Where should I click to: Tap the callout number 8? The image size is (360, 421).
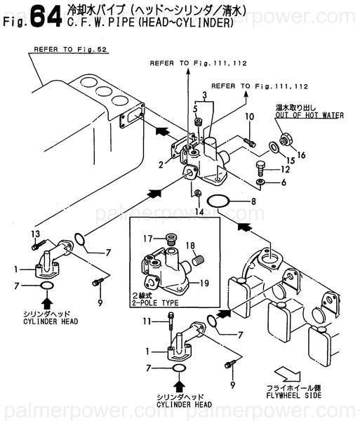point(253,201)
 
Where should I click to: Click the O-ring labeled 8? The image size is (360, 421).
point(220,201)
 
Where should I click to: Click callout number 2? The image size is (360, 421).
point(161,165)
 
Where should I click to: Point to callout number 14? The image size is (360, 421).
point(199,210)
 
